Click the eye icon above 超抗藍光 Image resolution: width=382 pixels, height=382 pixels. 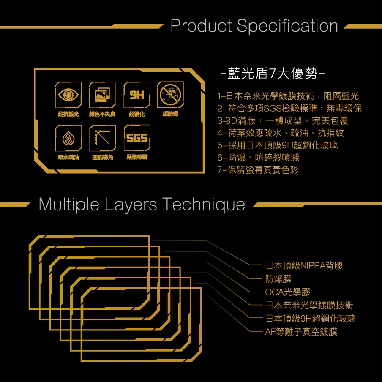pyautogui.click(x=68, y=95)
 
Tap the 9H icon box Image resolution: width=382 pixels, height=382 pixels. pyautogui.click(x=136, y=95)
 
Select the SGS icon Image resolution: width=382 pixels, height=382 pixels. pyautogui.click(x=137, y=138)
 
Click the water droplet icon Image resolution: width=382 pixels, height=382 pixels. pyautogui.click(x=68, y=138)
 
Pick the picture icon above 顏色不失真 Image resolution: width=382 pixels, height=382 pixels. pyautogui.click(x=102, y=95)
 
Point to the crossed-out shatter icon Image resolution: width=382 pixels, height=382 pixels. pyautogui.click(x=171, y=95)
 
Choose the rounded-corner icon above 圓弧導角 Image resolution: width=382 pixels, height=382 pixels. pyautogui.click(x=103, y=138)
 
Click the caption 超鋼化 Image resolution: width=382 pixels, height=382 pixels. pyautogui.click(x=136, y=114)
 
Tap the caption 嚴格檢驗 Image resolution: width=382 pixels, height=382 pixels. pyautogui.click(x=137, y=157)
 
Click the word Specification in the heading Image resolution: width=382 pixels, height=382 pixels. pyautogui.click(x=287, y=26)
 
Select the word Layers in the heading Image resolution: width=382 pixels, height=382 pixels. pyautogui.click(x=131, y=205)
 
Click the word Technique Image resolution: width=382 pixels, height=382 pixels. pyautogui.click(x=203, y=205)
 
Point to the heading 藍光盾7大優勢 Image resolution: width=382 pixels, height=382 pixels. pyautogui.click(x=273, y=74)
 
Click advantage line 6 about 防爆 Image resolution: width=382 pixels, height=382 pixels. pyautogui.click(x=258, y=158)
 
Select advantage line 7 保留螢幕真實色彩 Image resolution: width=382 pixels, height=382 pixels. pyautogui.click(x=258, y=170)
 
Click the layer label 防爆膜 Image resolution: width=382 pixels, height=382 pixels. pyautogui.click(x=278, y=279)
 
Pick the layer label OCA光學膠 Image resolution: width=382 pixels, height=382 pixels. pyautogui.click(x=287, y=292)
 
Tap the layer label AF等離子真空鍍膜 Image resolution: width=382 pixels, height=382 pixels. pyautogui.click(x=301, y=332)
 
